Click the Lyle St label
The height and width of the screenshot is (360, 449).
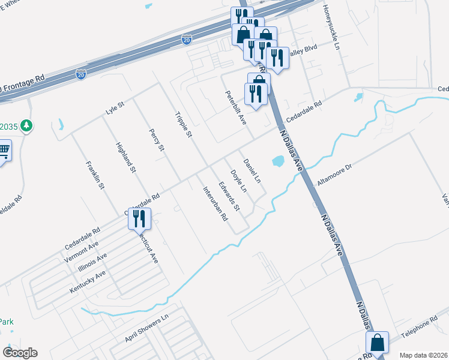114,109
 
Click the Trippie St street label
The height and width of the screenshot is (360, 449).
182,125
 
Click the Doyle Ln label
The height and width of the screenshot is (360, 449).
239,181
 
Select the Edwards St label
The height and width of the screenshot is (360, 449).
229,196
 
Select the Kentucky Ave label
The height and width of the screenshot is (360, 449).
88,281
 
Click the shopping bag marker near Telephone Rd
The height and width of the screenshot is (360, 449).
378,344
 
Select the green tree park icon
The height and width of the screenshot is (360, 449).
26,126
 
